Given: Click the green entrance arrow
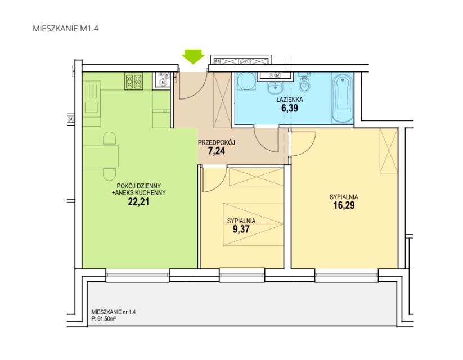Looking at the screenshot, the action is click(x=193, y=56).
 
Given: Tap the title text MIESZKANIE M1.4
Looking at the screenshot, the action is click(x=66, y=29).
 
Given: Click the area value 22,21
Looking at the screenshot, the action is click(x=138, y=202).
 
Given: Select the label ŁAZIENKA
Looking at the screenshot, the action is click(x=290, y=100).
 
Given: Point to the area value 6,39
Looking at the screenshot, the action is click(x=290, y=108).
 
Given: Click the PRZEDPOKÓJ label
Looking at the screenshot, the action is click(x=217, y=143).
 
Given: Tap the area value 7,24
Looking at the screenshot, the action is click(x=217, y=151).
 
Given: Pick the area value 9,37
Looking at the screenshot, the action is click(x=241, y=229).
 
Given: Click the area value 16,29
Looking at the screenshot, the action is click(x=344, y=205).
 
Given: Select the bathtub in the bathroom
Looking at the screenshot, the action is click(x=343, y=97).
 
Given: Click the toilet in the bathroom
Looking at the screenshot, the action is click(x=304, y=83).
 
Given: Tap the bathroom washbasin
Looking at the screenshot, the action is click(x=276, y=87).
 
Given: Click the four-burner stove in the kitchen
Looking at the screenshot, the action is click(x=133, y=82).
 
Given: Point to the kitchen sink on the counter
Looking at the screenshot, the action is click(x=91, y=107).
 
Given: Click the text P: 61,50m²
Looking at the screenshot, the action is click(x=104, y=318).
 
